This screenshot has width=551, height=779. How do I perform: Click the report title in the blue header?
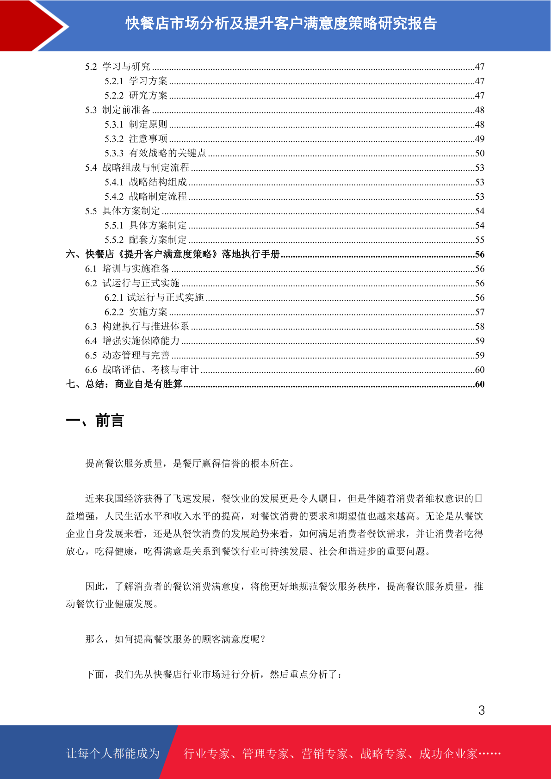tap(281, 23)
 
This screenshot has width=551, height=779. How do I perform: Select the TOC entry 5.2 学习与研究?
tap(118, 67)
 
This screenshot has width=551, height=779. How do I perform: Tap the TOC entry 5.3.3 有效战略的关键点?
tap(155, 153)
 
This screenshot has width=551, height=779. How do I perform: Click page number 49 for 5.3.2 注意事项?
tap(480, 139)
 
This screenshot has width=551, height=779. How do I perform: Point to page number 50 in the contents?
tap(480, 153)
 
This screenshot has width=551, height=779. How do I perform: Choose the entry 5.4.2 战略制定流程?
tap(146, 197)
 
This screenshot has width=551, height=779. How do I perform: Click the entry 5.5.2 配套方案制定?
tap(146, 240)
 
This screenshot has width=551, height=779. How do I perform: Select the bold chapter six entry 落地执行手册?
tap(173, 254)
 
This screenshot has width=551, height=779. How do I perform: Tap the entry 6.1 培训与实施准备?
tap(127, 269)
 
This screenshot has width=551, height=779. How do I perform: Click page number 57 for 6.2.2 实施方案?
tap(480, 312)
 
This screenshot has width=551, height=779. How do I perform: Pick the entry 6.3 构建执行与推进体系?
tap(137, 327)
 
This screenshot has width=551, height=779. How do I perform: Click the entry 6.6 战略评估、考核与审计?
tap(142, 370)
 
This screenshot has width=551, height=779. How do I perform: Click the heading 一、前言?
tap(95, 421)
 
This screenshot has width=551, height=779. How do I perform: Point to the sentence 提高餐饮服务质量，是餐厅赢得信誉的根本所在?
tap(190, 464)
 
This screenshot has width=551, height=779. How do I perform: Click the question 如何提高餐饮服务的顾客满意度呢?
tap(176, 639)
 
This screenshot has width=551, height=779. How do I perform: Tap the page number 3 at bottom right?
tap(482, 711)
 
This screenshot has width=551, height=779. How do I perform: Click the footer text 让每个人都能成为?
tap(113, 754)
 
